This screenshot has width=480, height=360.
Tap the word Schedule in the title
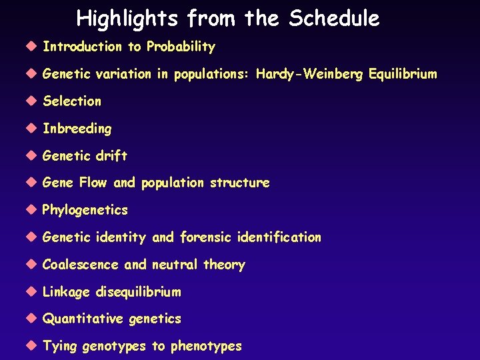[334, 19]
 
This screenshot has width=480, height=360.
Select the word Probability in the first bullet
[181, 47]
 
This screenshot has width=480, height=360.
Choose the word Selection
[72, 101]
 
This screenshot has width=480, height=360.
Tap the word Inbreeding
[77, 129]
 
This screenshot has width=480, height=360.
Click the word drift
[111, 156]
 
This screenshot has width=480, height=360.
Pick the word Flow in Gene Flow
[93, 183]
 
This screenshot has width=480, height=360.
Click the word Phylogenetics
[85, 210]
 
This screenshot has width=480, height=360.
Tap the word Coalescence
[81, 265]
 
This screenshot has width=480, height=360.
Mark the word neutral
[175, 265]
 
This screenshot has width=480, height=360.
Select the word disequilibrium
[139, 292]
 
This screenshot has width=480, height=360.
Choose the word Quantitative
[83, 319]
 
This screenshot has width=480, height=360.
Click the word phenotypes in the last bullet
[206, 346]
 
